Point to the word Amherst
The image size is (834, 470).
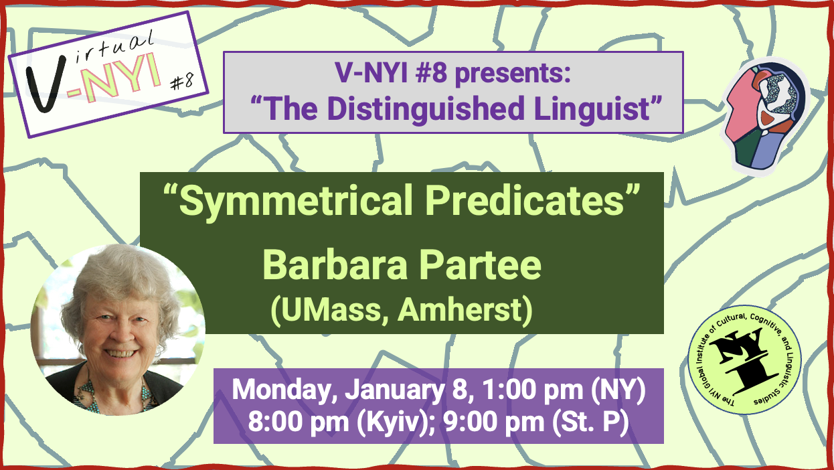pyautogui.click(x=461, y=310)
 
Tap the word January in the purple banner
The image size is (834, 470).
pyautogui.click(x=395, y=391)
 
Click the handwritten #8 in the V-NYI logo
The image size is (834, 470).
pyautogui.click(x=182, y=81)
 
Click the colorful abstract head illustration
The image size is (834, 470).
pyautogui.click(x=766, y=117)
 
